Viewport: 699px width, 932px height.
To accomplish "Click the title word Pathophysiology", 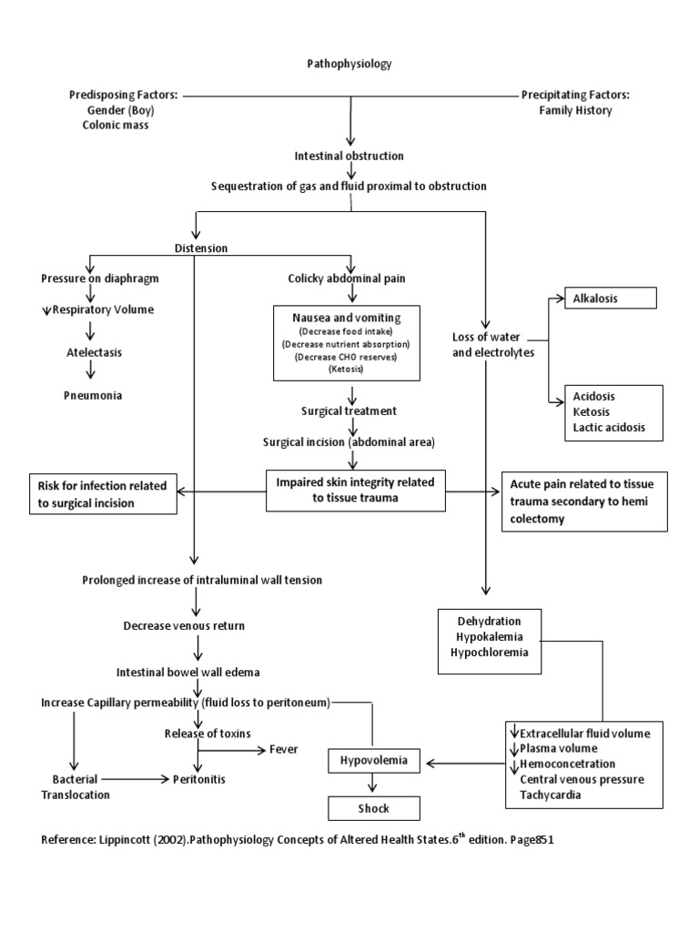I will pyautogui.click(x=349, y=64).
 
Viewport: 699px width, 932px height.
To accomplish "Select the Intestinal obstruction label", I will pyautogui.click(x=349, y=156).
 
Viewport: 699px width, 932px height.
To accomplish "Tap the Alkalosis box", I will pyautogui.click(x=602, y=299).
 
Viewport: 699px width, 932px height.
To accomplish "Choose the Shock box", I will pyautogui.click(x=374, y=807).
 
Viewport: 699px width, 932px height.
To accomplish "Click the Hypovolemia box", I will pyautogui.click(x=374, y=759).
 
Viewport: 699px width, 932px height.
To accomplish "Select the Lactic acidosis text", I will pyautogui.click(x=605, y=428).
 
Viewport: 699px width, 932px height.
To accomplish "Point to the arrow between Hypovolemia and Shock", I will pyautogui.click(x=371, y=784).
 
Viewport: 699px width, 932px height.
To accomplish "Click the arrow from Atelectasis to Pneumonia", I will pyautogui.click(x=90, y=372).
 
